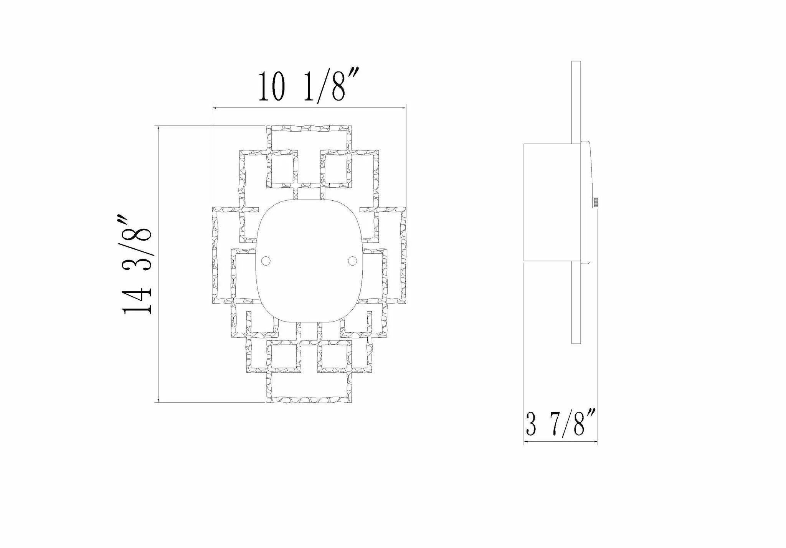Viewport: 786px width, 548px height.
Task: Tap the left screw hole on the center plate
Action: pos(265,261)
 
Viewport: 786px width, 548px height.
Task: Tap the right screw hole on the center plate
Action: pos(352,261)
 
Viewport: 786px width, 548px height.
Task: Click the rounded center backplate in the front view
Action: pos(309,261)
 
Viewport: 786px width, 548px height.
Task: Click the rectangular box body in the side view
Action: pos(548,203)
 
